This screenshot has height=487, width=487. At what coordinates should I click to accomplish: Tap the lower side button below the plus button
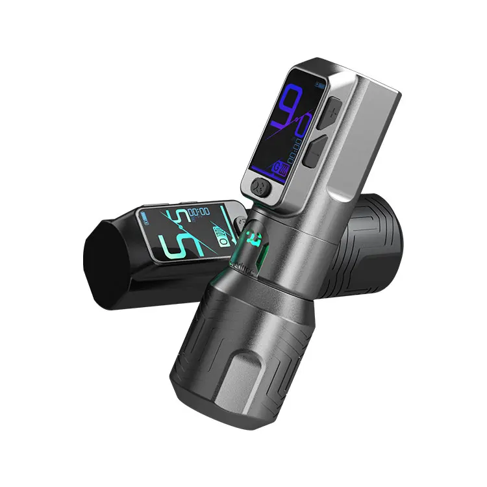[x=314, y=154]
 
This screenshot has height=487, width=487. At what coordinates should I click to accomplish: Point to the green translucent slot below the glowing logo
[x=250, y=260]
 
